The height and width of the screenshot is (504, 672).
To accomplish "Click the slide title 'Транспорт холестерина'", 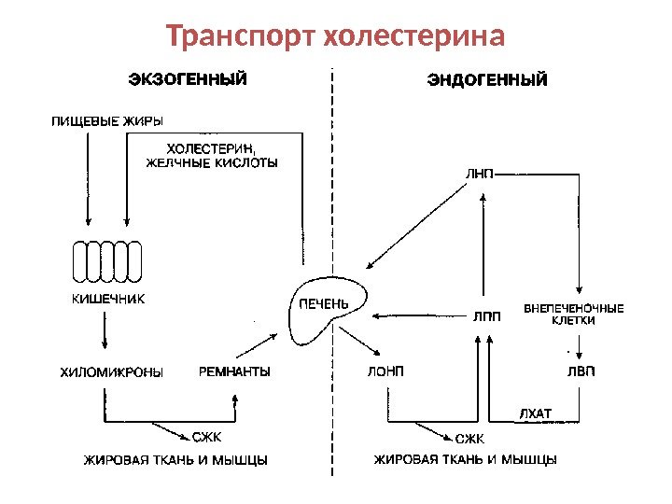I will (335, 37).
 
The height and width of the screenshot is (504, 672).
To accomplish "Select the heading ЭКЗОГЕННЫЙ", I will (188, 79).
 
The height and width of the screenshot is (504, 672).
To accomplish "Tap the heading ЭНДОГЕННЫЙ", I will (487, 81).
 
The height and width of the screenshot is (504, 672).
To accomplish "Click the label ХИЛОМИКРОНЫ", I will (111, 371).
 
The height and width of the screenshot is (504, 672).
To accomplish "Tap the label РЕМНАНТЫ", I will (235, 371).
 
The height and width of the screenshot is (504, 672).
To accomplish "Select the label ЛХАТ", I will (535, 413).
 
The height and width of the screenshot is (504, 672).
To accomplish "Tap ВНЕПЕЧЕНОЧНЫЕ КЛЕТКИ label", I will (574, 313).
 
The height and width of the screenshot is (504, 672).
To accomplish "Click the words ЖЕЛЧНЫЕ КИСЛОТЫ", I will (214, 162).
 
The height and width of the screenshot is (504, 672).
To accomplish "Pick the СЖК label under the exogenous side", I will (206, 436).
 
